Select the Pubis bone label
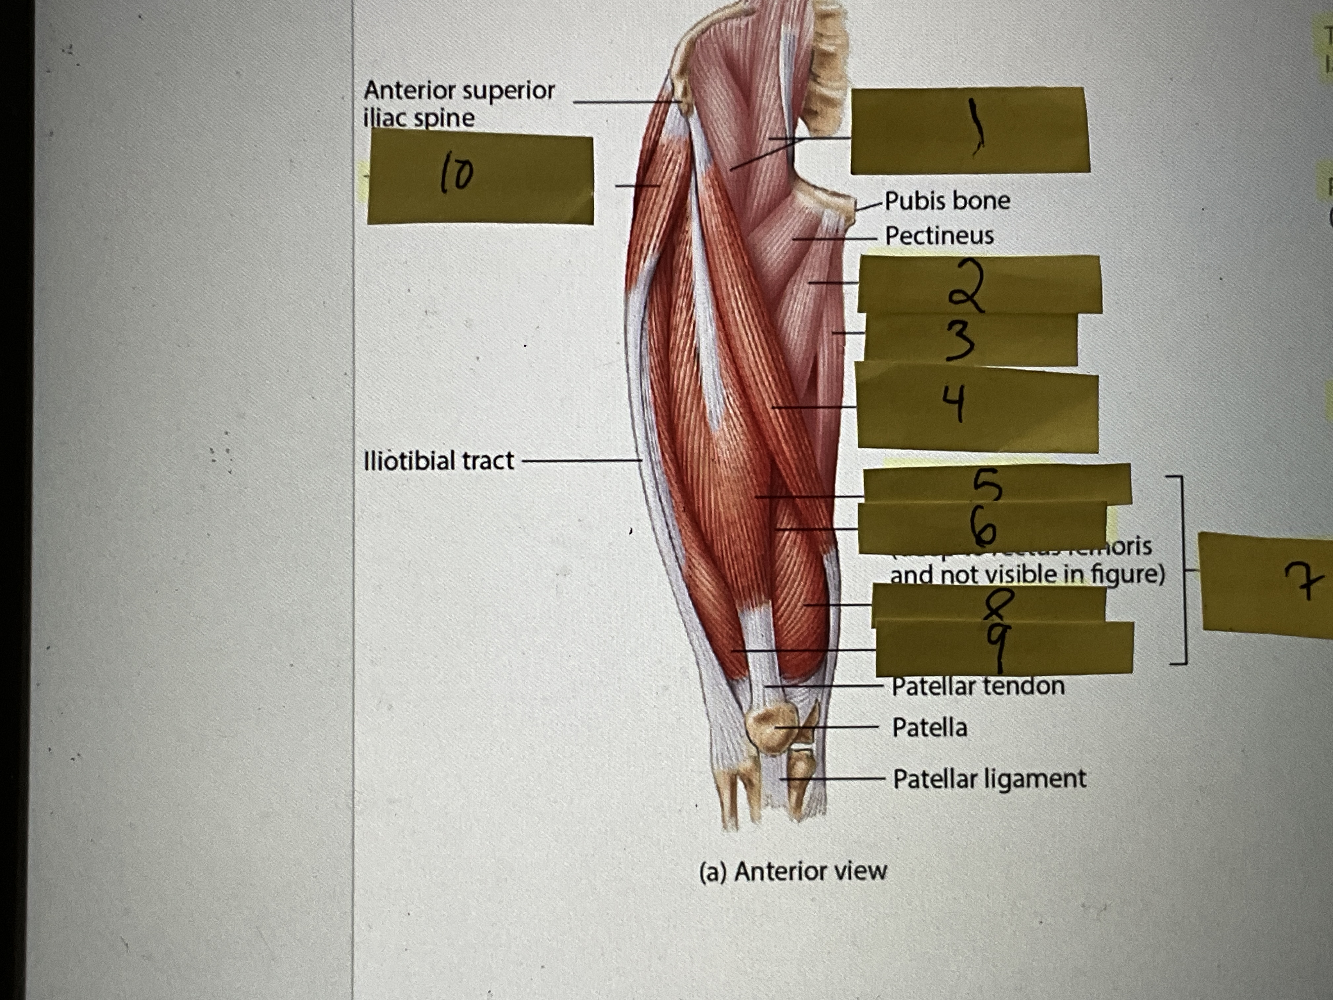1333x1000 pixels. coord(947,201)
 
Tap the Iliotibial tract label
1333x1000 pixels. coord(439,461)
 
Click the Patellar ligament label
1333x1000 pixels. coord(989,779)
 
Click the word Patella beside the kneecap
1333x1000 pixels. coord(929,728)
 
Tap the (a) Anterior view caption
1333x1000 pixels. coord(792,871)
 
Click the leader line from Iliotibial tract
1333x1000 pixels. coord(582,461)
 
